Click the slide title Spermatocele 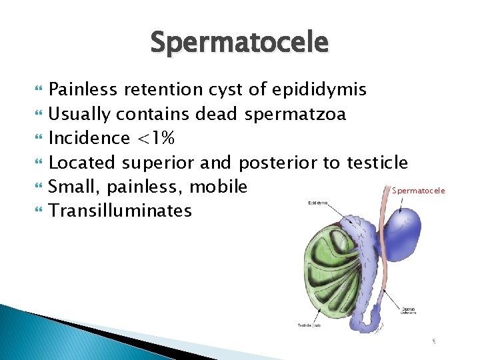(x=239, y=42)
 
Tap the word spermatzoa (x=295, y=114)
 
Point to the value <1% (x=155, y=138)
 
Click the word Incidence (x=89, y=138)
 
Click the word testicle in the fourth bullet (x=377, y=162)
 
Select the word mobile (x=223, y=186)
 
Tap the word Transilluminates (x=120, y=211)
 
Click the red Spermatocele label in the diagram (x=418, y=191)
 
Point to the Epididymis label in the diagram (x=319, y=202)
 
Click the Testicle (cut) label (x=309, y=325)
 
